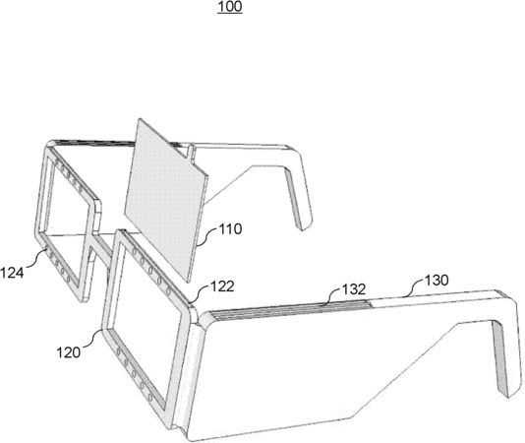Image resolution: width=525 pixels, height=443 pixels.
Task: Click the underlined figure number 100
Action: [x=230, y=7]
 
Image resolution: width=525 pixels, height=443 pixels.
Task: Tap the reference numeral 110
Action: [x=230, y=229]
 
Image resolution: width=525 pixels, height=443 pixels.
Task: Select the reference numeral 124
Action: [x=12, y=273]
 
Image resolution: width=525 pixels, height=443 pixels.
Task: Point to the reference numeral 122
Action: [x=222, y=286]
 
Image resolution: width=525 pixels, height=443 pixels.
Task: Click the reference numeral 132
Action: [x=354, y=289]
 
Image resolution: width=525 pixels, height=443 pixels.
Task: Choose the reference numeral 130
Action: [x=437, y=280]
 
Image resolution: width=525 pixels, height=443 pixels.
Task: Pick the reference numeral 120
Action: [x=68, y=352]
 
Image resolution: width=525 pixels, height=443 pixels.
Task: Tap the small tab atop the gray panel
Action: [x=190, y=153]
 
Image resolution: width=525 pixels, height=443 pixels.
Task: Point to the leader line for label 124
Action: [x=35, y=260]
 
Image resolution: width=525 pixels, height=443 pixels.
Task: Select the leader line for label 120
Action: [x=92, y=339]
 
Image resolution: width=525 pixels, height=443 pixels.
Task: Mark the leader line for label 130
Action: [x=413, y=288]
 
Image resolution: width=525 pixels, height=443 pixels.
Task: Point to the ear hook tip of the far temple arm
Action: [x=303, y=226]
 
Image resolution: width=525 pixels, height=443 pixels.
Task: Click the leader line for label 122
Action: [x=200, y=294]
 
